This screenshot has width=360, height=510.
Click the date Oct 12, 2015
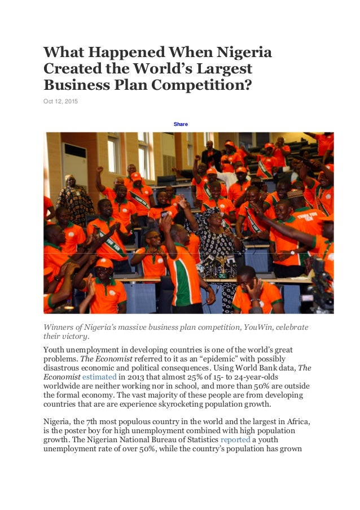tap(61, 102)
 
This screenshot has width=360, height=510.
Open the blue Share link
tap(181, 124)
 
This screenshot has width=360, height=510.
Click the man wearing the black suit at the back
tap(211, 154)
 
